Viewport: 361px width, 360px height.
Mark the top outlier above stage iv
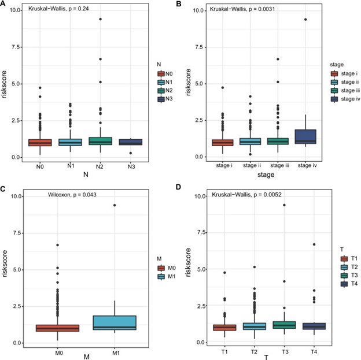319,19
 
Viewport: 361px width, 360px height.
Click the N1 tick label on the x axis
70,166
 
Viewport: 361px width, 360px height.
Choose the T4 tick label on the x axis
319,351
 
